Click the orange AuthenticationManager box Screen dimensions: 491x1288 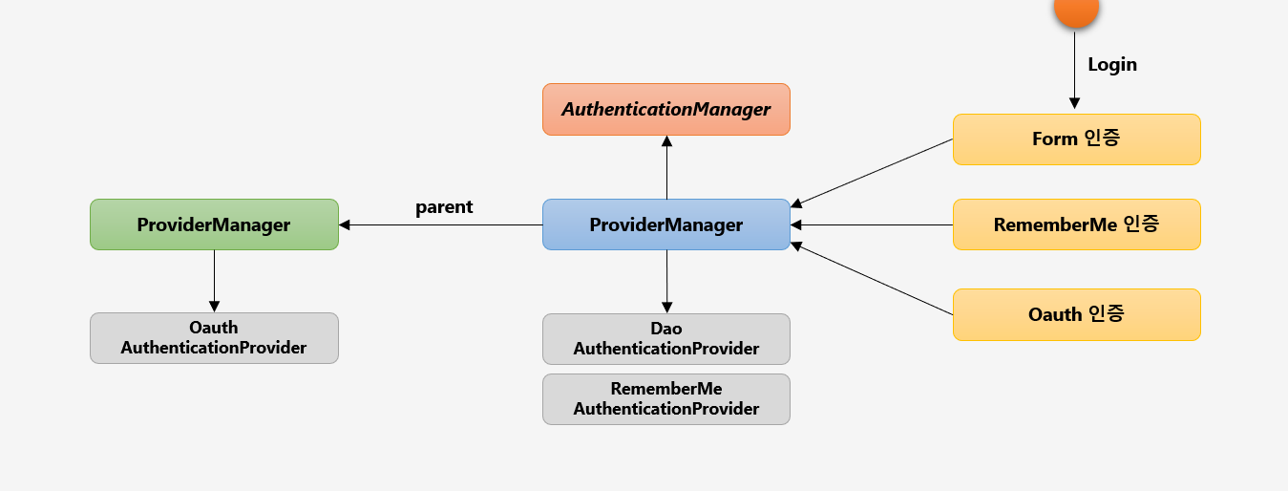coord(665,109)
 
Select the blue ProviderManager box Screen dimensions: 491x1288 coord(665,224)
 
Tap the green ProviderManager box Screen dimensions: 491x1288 coord(214,224)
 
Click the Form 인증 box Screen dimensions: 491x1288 coord(1076,139)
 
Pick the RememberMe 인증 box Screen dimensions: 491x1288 coord(1076,224)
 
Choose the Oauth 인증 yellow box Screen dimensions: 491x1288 coord(1076,314)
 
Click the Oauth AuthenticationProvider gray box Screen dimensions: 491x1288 coord(214,338)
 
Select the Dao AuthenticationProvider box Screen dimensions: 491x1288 coord(665,339)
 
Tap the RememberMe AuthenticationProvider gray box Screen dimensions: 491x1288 coord(665,398)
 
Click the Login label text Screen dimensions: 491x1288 coord(1112,65)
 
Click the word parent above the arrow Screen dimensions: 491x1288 coord(444,207)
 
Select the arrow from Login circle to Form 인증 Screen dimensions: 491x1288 coord(1074,72)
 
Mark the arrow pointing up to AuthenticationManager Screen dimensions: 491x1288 coord(666,167)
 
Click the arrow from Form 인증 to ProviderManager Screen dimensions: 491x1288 coord(872,173)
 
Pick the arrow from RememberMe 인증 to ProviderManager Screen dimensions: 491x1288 coord(872,225)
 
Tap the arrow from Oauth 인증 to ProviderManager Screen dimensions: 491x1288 coord(872,279)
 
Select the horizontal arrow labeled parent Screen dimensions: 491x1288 coord(440,225)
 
